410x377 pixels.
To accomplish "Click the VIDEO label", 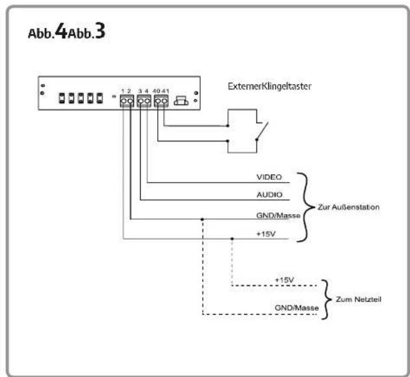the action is tap(269, 177).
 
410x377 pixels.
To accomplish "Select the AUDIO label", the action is tap(269, 195).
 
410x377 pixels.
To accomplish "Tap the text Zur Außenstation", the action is tap(348, 207).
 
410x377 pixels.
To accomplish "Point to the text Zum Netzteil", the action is tap(359, 299).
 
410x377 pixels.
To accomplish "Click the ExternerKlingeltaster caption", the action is tap(270, 86).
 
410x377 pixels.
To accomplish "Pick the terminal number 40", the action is tap(157, 91).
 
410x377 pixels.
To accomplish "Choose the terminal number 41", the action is tap(165, 91).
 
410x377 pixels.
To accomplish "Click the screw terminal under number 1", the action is tap(123, 101).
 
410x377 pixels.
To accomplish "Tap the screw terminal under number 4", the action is tap(147, 101).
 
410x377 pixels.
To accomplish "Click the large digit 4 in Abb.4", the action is tap(62, 31).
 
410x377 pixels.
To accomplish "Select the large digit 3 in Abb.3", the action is tap(100, 31).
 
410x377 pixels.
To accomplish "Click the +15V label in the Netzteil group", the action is tap(284, 280).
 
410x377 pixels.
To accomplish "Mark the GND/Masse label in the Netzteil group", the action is tap(297, 308).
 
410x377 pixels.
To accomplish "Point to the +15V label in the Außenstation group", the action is tap(266, 234).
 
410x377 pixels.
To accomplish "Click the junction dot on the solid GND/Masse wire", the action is tap(202, 219).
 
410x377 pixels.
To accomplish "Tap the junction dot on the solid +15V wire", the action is tap(232, 239).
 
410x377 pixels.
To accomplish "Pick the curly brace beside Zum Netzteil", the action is tap(326, 300).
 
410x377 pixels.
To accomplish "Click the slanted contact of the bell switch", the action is tap(263, 131).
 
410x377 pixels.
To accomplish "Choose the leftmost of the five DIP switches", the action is tap(62, 98).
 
